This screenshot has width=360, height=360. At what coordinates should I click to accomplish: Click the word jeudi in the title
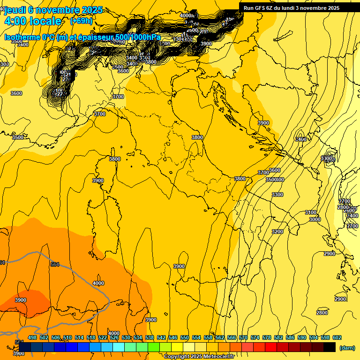(x=14, y=10)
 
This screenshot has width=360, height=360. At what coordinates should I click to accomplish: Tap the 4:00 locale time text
(x=33, y=21)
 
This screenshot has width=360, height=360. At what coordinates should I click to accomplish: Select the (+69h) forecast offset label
(x=81, y=21)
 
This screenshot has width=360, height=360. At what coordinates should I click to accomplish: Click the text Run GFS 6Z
(x=258, y=8)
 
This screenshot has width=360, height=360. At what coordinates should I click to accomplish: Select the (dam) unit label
(x=346, y=348)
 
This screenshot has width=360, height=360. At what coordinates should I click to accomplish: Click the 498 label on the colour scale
(x=32, y=337)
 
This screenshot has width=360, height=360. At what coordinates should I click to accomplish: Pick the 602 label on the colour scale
(x=337, y=337)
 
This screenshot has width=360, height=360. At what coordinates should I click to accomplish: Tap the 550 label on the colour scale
(x=185, y=337)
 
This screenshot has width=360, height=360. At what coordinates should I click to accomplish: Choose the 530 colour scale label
(x=126, y=337)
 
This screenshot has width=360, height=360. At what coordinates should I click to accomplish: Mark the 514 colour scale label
(x=79, y=337)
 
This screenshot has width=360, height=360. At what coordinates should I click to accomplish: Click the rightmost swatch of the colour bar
(x=330, y=347)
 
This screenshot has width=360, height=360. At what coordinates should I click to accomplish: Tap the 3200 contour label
(x=277, y=232)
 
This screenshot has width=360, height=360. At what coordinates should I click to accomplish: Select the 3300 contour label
(x=277, y=195)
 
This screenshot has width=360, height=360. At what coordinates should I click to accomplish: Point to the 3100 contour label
(x=311, y=212)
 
